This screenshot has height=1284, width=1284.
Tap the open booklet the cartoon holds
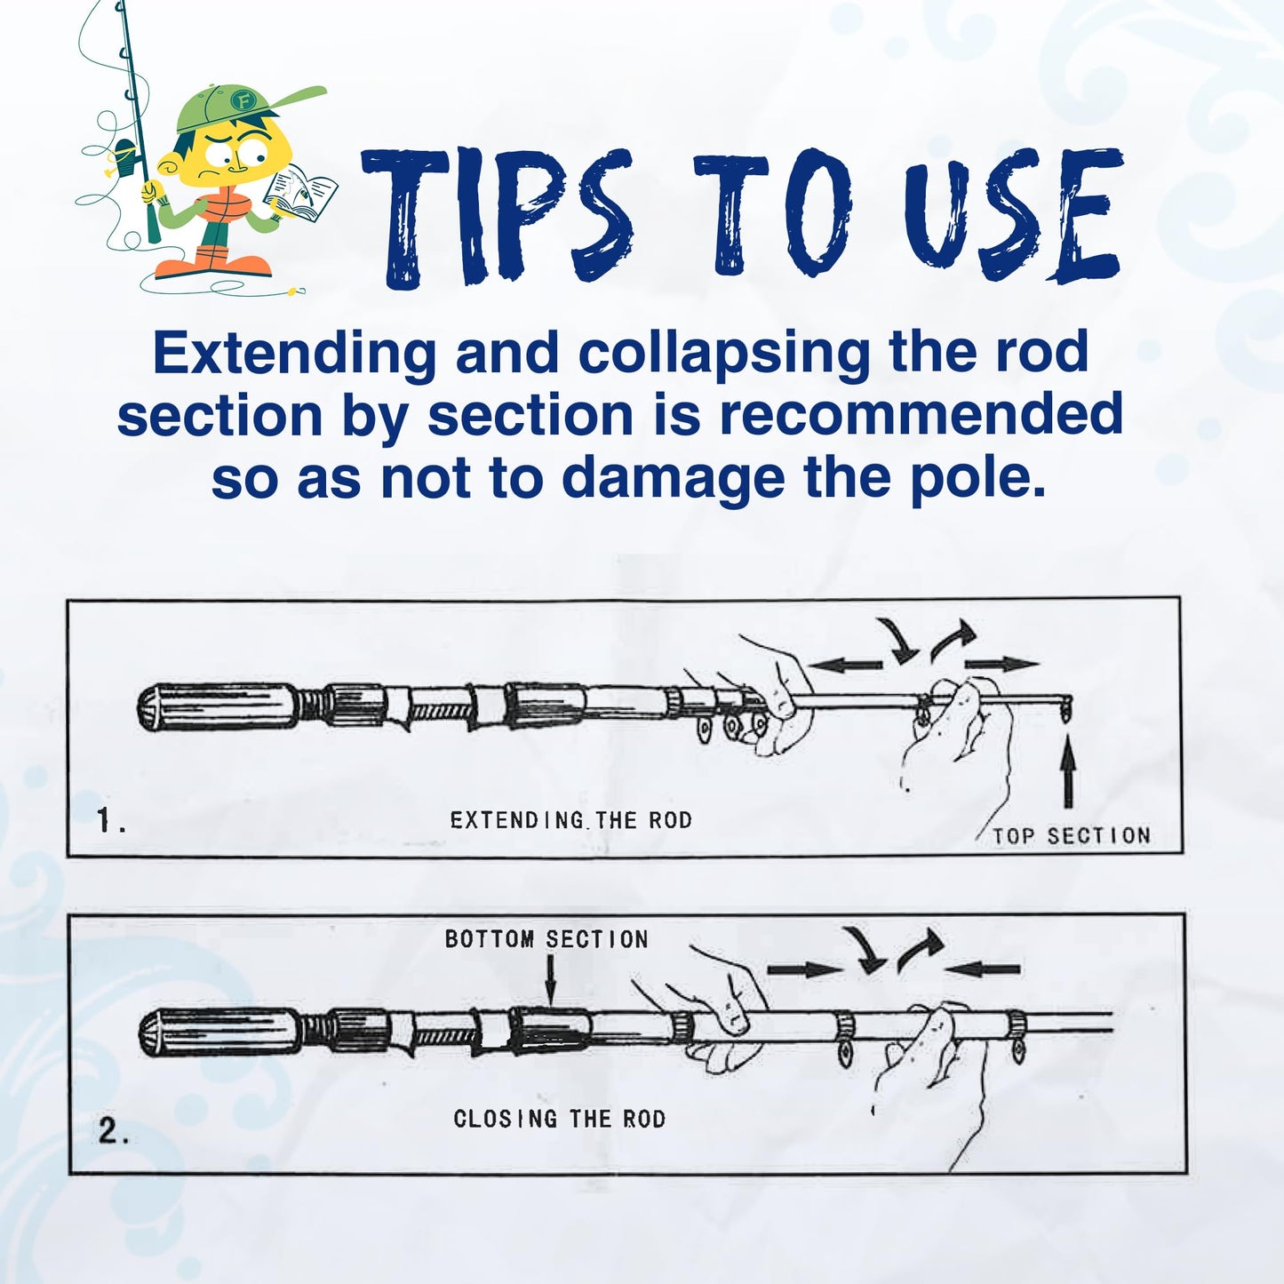[300, 193]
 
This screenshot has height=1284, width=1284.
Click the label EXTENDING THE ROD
[571, 819]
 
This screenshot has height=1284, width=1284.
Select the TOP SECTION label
[1072, 835]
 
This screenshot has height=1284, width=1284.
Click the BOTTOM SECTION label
[546, 939]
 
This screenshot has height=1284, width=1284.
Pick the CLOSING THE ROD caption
[560, 1119]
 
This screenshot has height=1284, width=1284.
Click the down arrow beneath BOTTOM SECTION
[550, 979]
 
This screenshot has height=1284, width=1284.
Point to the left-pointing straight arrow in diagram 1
[844, 665]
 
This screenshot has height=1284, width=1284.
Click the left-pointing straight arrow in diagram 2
[982, 969]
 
